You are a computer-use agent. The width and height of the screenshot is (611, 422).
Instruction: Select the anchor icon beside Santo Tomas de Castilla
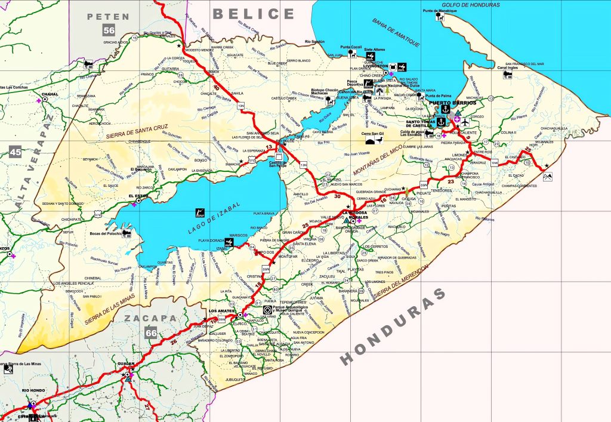tap(442, 122)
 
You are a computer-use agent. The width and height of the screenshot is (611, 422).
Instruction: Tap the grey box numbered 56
tap(109, 31)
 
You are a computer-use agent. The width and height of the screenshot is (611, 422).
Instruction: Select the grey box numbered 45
tap(16, 152)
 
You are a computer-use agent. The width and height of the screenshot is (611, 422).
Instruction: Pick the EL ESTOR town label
tap(138, 195)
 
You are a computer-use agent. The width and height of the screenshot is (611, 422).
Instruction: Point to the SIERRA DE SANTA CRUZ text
tap(137, 128)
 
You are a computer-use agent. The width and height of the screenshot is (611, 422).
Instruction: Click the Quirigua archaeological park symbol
tap(266, 310)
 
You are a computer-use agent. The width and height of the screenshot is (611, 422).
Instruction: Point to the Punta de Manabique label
tap(440, 11)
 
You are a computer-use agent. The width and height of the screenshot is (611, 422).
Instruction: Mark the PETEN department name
tap(108, 16)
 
